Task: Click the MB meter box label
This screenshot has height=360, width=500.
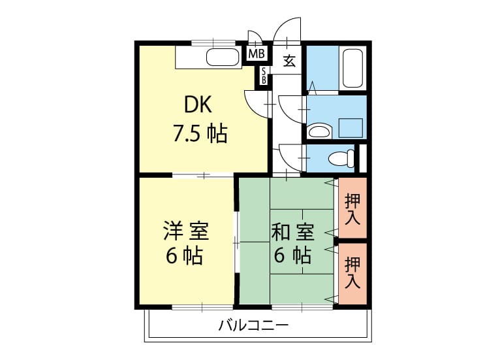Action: [x=257, y=54]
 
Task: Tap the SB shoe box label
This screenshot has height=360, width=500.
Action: [x=264, y=76]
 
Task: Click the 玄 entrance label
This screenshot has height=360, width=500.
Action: [x=289, y=61]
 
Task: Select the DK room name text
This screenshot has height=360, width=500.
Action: [x=198, y=105]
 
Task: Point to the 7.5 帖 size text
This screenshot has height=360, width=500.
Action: [x=200, y=133]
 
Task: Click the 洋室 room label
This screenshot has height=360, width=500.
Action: [x=186, y=231]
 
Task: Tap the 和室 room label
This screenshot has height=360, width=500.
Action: [x=292, y=232]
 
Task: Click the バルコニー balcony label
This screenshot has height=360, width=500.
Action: [x=253, y=325]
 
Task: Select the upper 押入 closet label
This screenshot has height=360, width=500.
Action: [x=352, y=209]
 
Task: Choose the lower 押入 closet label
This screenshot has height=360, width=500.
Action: [x=352, y=272]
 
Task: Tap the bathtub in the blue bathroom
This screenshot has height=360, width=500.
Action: [x=352, y=69]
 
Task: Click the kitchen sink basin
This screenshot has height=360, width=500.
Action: [x=223, y=57]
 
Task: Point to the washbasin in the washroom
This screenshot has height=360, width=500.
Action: [x=319, y=131]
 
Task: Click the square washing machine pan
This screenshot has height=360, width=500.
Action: [x=351, y=128]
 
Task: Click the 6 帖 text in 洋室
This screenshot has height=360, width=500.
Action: [x=184, y=255]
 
